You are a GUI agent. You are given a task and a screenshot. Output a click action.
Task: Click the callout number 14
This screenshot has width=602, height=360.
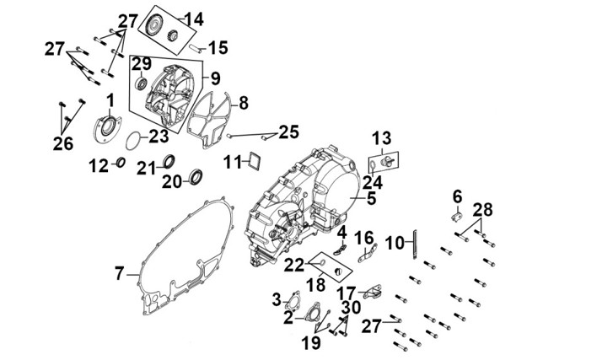click(x=194, y=19)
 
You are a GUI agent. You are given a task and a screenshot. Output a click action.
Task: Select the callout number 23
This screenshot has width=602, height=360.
click(x=159, y=136)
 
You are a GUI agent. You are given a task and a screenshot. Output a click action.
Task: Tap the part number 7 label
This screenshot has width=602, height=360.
click(x=120, y=274)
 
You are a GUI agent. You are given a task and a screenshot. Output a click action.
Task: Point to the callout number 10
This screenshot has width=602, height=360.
click(x=395, y=243)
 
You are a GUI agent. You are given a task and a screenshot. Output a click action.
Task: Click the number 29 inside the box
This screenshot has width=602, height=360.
click(x=142, y=64)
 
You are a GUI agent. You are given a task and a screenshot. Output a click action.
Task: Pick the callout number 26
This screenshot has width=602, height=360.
click(x=63, y=143)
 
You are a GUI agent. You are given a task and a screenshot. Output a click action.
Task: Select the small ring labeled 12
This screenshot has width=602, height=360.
click(x=121, y=163)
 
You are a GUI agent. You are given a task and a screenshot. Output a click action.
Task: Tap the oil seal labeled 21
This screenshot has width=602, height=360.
click(x=169, y=162)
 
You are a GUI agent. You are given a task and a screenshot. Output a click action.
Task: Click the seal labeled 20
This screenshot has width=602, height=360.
click(x=196, y=176)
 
